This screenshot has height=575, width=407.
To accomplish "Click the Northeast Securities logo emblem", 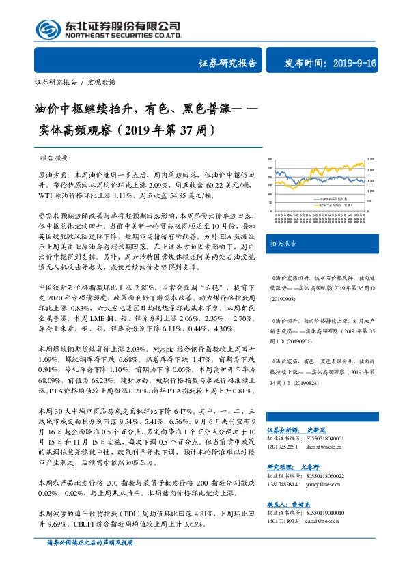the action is pyautogui.click(x=46, y=28).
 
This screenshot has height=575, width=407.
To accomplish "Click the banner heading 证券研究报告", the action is pyautogui.click(x=227, y=63).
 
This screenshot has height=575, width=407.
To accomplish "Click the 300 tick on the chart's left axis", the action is pyautogui.click(x=270, y=160).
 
